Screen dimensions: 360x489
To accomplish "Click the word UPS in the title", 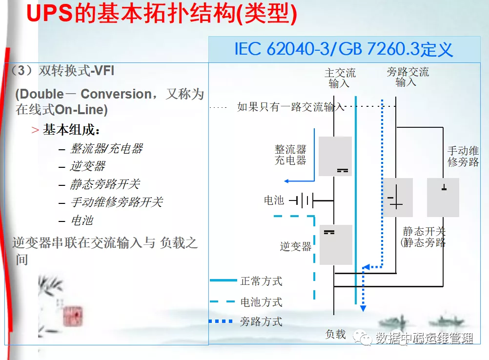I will tap(50, 14).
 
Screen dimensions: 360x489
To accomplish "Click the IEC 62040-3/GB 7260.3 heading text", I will tap(344, 49).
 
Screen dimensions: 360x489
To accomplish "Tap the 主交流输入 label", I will tap(340, 78).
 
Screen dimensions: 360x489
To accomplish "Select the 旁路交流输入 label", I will tap(407, 77).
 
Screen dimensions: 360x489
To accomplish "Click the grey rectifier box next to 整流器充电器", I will tap(335, 156).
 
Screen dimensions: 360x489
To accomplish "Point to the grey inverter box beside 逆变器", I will tap(336, 245).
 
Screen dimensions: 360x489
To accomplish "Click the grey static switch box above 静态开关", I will tap(397, 198).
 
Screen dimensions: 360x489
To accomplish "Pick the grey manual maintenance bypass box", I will tap(443, 198).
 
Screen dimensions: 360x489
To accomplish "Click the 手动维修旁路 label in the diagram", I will tap(463, 157).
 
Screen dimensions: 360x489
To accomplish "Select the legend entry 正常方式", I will tap(261, 281).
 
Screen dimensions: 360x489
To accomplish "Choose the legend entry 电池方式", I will tap(261, 302).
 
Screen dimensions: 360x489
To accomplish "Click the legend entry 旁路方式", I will tap(261, 321).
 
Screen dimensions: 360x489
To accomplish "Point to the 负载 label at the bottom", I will tap(335, 334).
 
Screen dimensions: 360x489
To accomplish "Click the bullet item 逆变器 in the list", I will tap(88, 166).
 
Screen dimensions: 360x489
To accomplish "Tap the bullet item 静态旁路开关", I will tap(105, 184).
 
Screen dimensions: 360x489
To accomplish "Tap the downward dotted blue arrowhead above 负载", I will tap(363, 308).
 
